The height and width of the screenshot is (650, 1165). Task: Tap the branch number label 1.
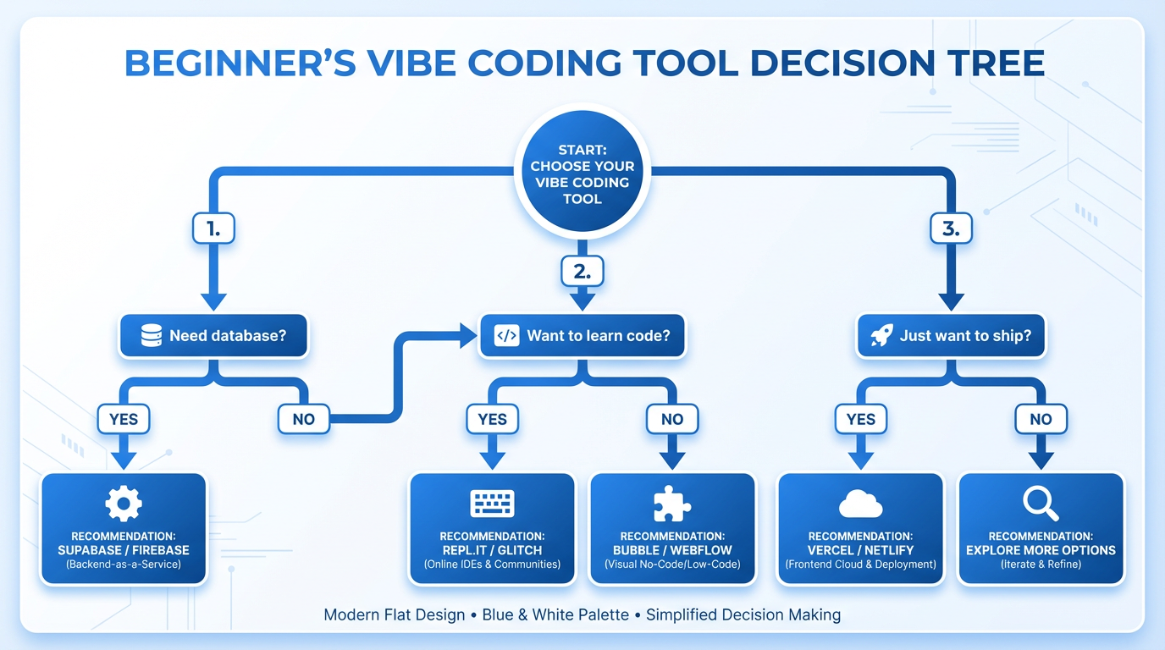213,229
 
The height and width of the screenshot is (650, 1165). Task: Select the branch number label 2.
582,271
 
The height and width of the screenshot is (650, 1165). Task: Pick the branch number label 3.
951,229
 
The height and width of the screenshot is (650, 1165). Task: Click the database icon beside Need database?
152,336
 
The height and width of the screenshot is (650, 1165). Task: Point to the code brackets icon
506,336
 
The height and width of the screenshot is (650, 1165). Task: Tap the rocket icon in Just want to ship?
881,336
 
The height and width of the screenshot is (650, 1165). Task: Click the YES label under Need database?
124,418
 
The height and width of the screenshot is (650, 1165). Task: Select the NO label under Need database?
303,418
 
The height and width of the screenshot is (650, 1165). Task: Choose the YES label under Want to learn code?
492,418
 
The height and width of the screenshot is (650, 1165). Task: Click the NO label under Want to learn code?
671,418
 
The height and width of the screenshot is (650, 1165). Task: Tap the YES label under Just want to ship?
860,418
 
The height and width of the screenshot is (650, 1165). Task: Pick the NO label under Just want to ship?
1041,418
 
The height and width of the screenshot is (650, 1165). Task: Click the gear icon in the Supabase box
124,504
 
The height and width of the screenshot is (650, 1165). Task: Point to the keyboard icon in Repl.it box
492,504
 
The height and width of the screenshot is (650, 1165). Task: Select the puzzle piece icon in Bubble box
671,504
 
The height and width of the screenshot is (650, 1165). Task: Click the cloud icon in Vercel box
860,505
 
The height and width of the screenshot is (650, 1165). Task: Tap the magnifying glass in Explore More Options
1041,504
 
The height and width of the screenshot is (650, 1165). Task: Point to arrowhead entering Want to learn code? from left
468,336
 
